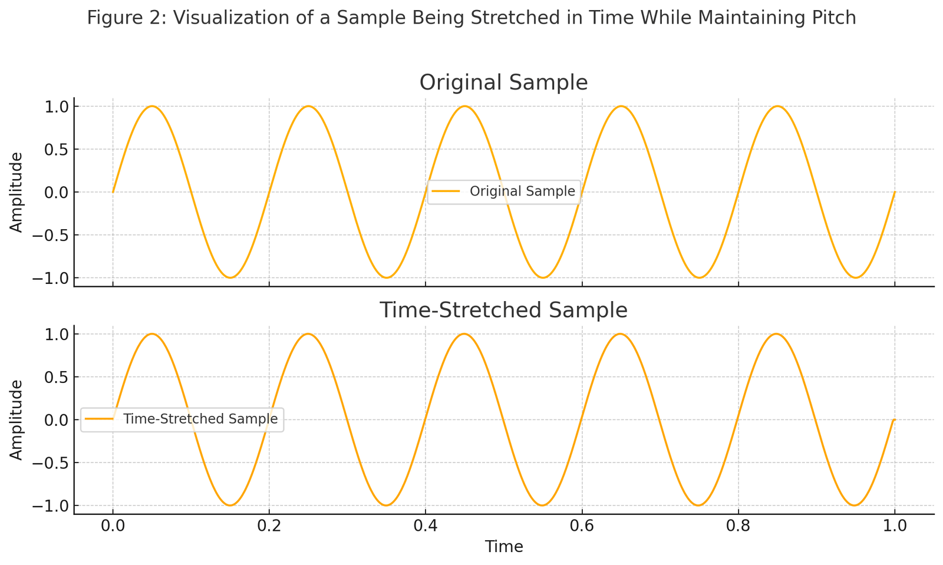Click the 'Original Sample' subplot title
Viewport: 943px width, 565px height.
click(503, 82)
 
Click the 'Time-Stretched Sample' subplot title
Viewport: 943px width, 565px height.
click(503, 310)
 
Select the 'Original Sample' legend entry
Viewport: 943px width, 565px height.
click(522, 191)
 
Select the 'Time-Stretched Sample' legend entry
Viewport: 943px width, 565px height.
click(200, 419)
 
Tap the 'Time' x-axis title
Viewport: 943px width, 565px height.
click(504, 547)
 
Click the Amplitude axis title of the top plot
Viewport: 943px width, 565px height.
click(17, 192)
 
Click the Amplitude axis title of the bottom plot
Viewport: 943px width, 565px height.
click(17, 419)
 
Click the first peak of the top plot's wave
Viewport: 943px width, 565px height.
click(152, 107)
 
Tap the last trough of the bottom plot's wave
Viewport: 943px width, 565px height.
click(855, 505)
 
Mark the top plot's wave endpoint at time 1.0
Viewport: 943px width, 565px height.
click(894, 192)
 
